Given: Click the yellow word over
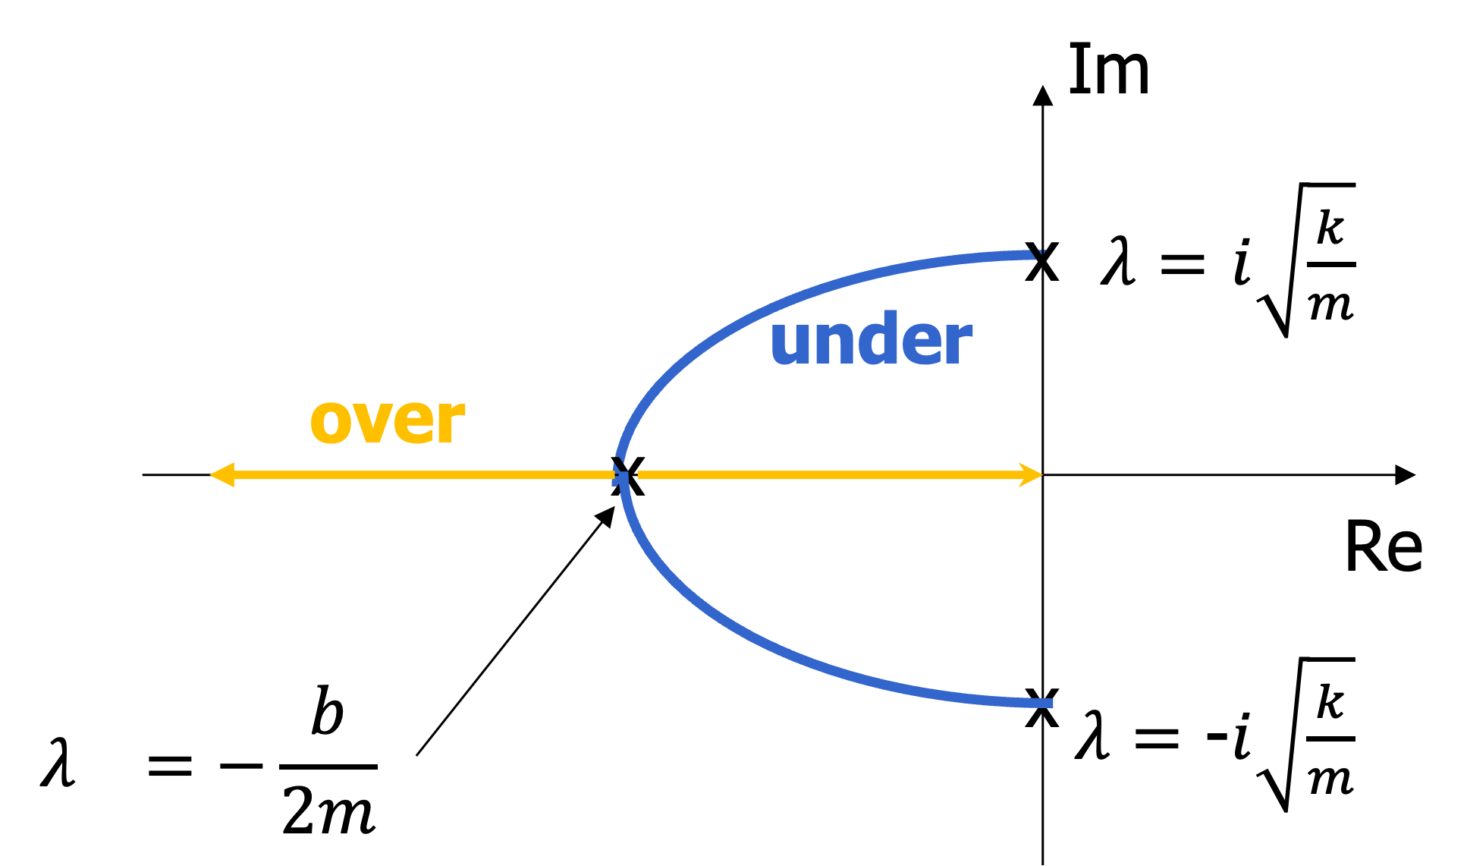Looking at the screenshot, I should [388, 421].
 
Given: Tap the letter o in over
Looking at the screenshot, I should [328, 422].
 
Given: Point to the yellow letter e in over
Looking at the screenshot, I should [408, 422].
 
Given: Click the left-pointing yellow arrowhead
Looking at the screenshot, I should [221, 475].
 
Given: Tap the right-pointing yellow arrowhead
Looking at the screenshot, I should [1032, 475].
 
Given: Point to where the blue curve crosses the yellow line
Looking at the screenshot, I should [621, 476].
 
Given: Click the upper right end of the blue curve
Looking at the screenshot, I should [1038, 254].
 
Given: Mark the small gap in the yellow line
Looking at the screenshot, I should [633, 475].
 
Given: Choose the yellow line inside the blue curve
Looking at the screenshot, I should [827, 475].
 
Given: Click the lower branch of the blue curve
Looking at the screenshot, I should [759, 641].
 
